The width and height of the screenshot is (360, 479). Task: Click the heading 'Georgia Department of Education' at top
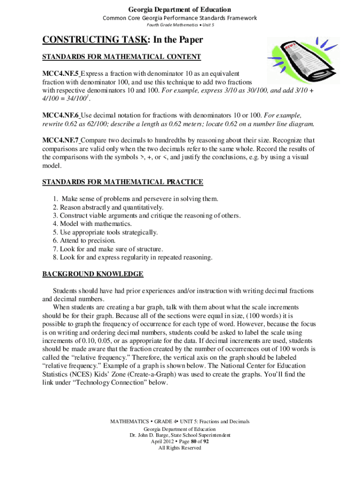tap(180, 9)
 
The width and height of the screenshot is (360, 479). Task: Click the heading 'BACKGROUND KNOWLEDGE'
tap(93, 274)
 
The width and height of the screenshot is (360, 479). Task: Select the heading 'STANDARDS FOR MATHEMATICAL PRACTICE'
tap(122, 181)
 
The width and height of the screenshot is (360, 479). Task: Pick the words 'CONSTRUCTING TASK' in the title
tap(95, 40)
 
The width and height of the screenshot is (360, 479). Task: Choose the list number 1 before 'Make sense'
tap(55, 199)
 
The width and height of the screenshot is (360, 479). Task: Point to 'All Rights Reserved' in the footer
tap(180, 448)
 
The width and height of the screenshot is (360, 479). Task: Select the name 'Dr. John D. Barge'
tap(152, 435)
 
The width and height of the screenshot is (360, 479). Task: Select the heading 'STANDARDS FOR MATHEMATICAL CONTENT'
tap(122, 57)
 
